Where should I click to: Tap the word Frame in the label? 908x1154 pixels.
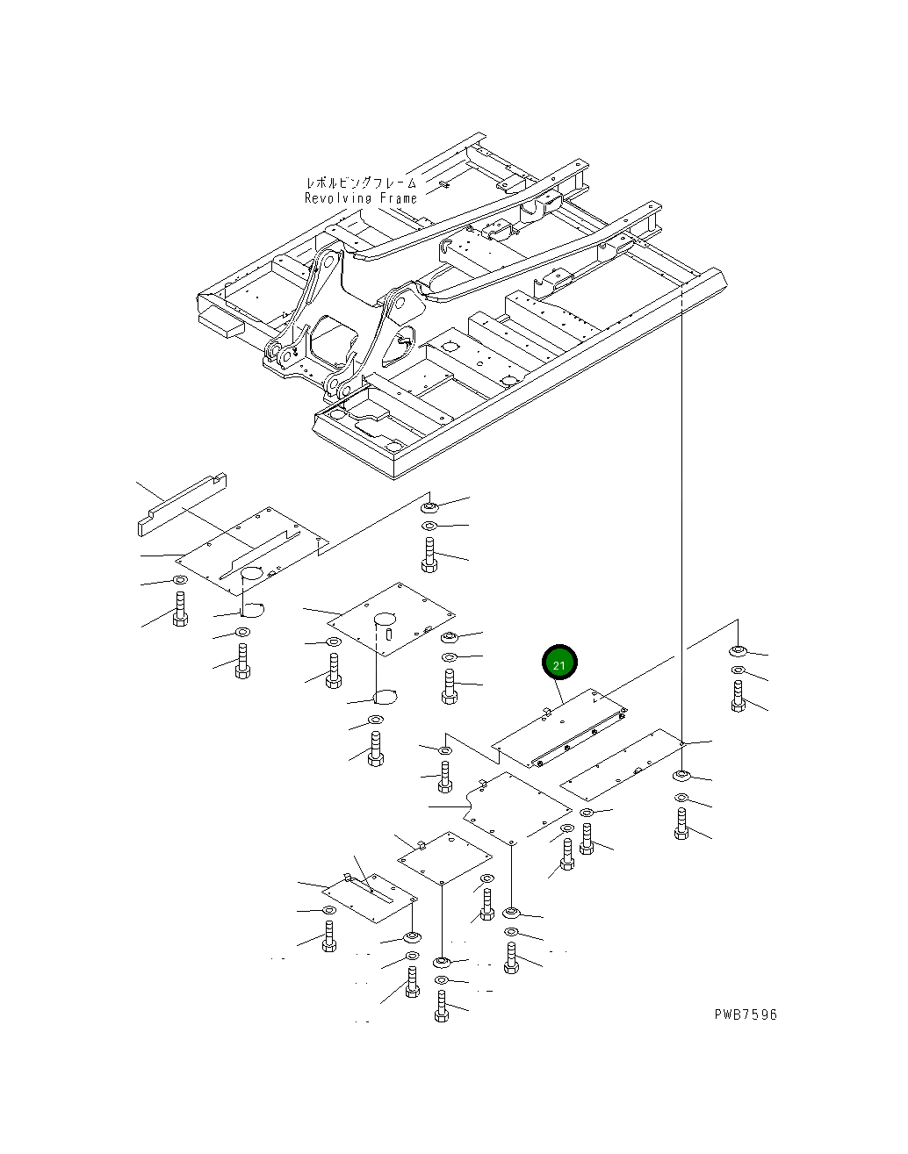(398, 198)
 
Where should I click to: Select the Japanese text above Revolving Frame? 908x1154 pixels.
(361, 183)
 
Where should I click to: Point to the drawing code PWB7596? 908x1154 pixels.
(746, 1014)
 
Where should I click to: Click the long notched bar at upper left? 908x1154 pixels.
(182, 505)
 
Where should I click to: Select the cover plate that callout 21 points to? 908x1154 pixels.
(559, 728)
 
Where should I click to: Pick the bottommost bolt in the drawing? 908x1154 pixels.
(441, 1007)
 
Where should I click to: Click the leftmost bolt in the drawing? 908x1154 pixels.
(180, 609)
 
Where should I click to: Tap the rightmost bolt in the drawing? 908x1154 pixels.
(739, 696)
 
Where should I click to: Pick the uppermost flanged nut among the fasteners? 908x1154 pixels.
(429, 506)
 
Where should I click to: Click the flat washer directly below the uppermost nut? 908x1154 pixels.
(429, 526)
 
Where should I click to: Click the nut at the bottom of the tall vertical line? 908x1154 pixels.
(681, 776)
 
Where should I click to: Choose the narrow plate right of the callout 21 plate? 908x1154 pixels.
(621, 765)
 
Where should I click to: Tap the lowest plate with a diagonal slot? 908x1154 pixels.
(370, 899)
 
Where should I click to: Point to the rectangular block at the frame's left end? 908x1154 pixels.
(221, 325)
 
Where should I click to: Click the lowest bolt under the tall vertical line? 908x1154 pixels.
(681, 824)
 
